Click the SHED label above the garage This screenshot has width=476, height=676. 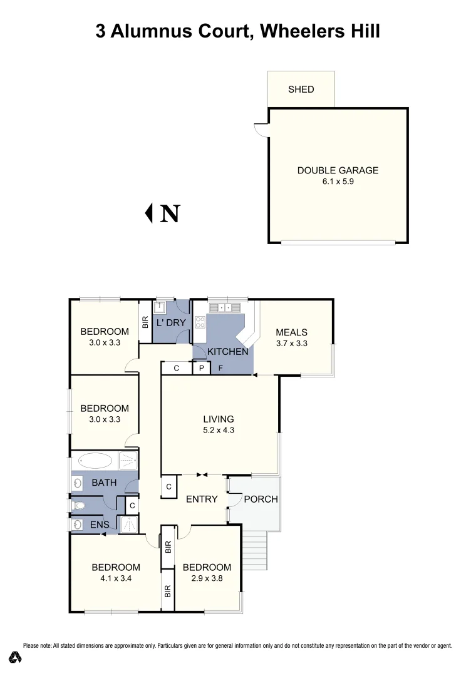click(301, 90)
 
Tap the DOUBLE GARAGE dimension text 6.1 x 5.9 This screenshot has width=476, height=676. click(338, 182)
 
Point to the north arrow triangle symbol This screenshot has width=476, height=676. click(149, 213)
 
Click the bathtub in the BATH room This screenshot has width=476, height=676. click(95, 462)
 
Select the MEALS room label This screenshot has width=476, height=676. click(291, 332)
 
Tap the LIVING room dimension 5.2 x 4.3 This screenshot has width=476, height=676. click(218, 430)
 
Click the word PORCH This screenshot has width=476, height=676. click(261, 499)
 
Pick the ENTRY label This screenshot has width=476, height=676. click(202, 499)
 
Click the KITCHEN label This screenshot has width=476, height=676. click(228, 352)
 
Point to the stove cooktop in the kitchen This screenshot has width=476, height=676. click(200, 322)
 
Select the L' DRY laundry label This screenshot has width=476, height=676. click(171, 323)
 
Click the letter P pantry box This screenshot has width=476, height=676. click(201, 368)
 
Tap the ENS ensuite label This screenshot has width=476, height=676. click(100, 525)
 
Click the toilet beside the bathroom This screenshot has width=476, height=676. click(78, 504)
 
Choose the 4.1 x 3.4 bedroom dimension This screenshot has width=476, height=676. click(115, 578)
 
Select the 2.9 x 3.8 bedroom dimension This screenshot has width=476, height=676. click(207, 578)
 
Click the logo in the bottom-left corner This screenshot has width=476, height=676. click(16, 657)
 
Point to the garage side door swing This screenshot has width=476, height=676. click(260, 130)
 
